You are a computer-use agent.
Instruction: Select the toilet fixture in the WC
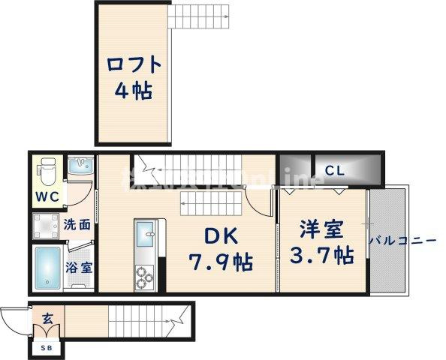click(x=47, y=171)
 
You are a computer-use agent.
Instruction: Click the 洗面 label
click(x=78, y=223)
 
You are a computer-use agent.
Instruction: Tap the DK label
click(x=218, y=235)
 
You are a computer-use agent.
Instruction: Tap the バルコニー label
click(x=403, y=241)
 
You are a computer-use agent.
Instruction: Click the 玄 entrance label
click(x=47, y=319)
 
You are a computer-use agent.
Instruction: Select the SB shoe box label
click(x=47, y=346)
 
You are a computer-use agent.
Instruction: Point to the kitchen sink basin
click(x=145, y=241)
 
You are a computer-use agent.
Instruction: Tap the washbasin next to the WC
click(x=80, y=168)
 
